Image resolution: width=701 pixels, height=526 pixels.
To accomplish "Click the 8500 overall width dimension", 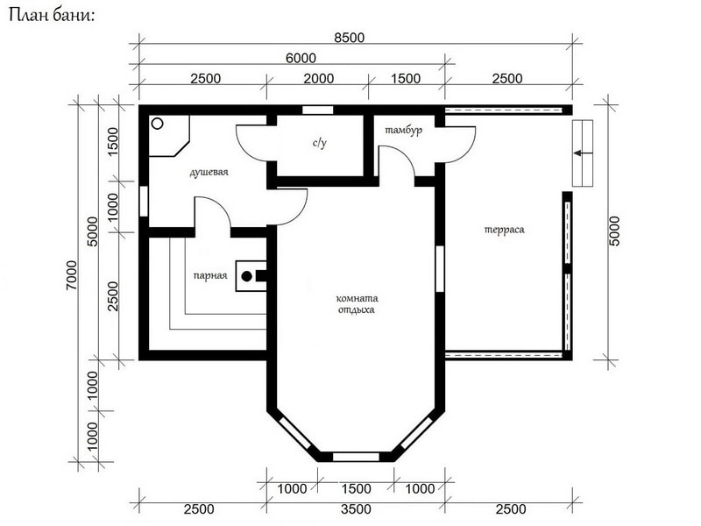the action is point(349,38).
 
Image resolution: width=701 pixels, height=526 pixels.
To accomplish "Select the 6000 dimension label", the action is point(301,58).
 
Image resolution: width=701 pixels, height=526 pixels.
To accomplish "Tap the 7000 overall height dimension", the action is point(72,275).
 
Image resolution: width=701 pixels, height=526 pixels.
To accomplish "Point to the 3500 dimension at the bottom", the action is point(356,509).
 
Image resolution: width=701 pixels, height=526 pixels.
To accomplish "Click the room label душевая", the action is point(209,172).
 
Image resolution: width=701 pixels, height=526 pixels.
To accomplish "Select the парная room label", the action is point(210,275).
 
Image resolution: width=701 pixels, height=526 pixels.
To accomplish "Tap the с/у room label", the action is point(320,143).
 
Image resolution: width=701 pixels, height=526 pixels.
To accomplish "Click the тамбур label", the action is point(403,130).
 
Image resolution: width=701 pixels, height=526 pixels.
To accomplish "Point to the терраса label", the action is point(505,230).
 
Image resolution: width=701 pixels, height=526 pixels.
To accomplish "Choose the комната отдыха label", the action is point(357,303).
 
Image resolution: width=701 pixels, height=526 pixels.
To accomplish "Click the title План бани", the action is point(52,15).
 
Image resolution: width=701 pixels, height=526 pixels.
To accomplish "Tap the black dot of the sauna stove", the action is point(247,276).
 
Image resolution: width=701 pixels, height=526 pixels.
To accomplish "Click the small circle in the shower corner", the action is point(158,124).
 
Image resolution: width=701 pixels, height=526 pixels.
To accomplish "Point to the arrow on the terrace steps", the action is point(583,153).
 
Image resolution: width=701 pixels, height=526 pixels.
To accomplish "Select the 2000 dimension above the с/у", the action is point(319,79).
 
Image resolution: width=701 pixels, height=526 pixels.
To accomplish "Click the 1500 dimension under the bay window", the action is point(356,489).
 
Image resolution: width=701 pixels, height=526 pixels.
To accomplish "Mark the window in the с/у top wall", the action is point(318,110).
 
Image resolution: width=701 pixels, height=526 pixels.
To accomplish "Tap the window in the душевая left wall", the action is point(144,202).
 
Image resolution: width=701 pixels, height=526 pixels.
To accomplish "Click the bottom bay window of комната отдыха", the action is point(356,457).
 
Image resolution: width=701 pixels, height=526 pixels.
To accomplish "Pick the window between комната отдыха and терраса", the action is point(440,269).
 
